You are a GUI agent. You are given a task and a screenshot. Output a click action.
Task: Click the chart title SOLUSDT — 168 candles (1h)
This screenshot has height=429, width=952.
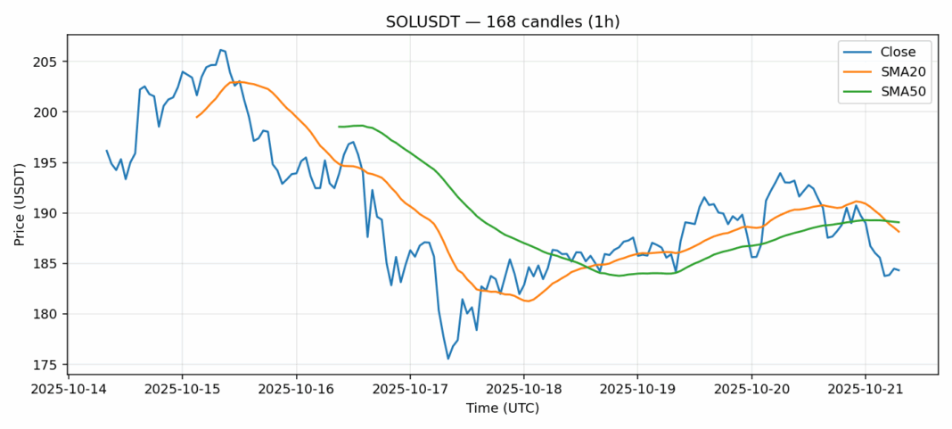point(503,21)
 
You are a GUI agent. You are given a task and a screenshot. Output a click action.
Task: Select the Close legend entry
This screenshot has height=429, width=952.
point(892,52)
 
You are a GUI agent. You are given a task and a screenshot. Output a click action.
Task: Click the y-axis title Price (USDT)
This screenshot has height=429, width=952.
point(19,204)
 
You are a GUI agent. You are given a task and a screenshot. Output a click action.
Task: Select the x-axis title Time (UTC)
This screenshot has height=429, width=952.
point(503,408)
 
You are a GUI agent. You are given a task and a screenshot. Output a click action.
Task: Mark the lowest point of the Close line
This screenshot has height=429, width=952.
point(448,359)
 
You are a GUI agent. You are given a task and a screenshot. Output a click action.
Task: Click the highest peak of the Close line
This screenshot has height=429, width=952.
point(220,50)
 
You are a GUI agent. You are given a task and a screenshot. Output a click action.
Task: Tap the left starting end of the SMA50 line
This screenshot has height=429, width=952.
point(339,127)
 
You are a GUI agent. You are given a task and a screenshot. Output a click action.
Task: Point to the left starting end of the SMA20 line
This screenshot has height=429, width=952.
point(196,117)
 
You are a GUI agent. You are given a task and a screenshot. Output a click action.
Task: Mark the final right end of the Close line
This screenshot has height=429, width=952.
point(899,270)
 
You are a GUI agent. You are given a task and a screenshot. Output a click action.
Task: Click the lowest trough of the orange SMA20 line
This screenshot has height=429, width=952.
point(528,301)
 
